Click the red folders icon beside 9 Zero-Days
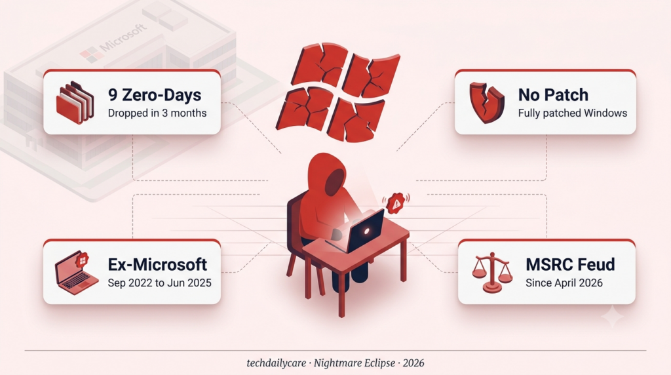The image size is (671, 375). tap(75, 103)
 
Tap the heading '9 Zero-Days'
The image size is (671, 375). tap(155, 95)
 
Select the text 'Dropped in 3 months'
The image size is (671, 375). tap(157, 113)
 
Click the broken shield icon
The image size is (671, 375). tap(487, 103)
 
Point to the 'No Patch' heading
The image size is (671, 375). tap(553, 95)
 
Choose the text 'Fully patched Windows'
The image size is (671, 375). tap(573, 113)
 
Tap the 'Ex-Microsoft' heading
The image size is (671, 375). tap(157, 265)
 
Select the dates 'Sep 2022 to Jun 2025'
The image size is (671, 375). tap(159, 283)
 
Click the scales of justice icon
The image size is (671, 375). tap(492, 272)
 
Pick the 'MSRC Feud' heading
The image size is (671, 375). tap(570, 265)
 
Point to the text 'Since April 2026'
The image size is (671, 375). tap(564, 283)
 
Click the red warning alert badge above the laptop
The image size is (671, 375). tap(396, 203)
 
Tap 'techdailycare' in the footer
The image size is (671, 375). tap(277, 363)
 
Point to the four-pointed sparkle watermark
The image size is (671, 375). tap(613, 316)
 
